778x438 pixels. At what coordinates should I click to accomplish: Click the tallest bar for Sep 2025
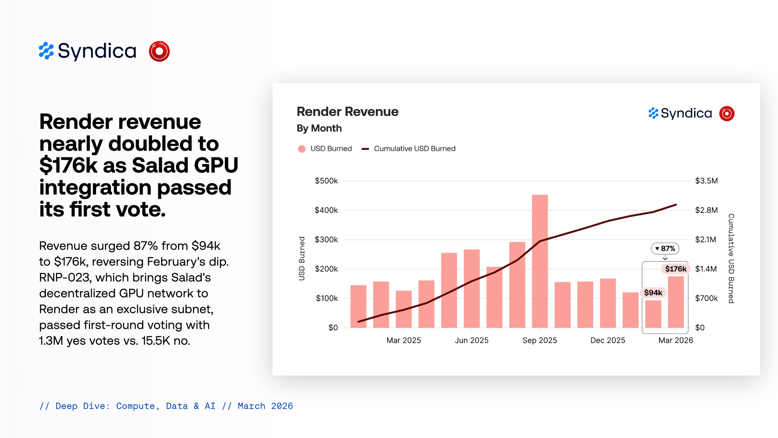pyautogui.click(x=540, y=261)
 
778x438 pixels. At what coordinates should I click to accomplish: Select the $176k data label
pyautogui.click(x=676, y=269)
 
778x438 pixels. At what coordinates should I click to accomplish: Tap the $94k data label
pyautogui.click(x=653, y=293)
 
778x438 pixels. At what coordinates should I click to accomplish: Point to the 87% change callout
pyautogui.click(x=665, y=248)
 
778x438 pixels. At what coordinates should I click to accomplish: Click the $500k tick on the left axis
pyautogui.click(x=326, y=181)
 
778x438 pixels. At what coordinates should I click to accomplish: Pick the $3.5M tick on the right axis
pyautogui.click(x=706, y=181)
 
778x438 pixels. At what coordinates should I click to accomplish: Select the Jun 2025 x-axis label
pyautogui.click(x=471, y=340)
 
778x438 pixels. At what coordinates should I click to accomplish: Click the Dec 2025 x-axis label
pyautogui.click(x=608, y=340)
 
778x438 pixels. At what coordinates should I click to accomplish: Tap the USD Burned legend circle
pyautogui.click(x=301, y=149)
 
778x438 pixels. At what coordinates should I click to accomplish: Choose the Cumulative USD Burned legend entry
pyautogui.click(x=414, y=149)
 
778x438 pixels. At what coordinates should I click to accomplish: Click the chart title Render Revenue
pyautogui.click(x=347, y=112)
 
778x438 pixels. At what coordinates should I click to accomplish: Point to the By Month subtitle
pyautogui.click(x=319, y=128)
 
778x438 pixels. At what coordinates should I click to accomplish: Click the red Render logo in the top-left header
pyautogui.click(x=159, y=51)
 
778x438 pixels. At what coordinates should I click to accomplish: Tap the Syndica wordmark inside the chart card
pyautogui.click(x=686, y=113)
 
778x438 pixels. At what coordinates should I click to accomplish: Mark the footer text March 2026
pyautogui.click(x=265, y=406)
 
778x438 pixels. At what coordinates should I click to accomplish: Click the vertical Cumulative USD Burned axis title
pyautogui.click(x=731, y=258)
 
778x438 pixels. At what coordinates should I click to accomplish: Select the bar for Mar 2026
pyautogui.click(x=676, y=302)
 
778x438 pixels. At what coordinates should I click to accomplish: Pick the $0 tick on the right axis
pyautogui.click(x=700, y=328)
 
